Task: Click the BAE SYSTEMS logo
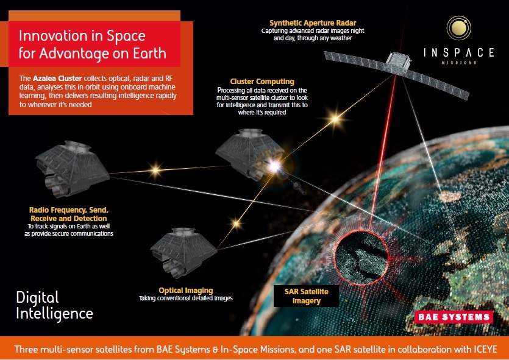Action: click(x=454, y=317)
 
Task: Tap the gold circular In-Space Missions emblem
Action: click(x=458, y=28)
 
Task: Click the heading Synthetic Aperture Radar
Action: click(x=313, y=23)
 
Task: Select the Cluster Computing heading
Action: click(x=262, y=82)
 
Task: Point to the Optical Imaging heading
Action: click(x=186, y=291)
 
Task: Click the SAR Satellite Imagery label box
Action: click(x=306, y=296)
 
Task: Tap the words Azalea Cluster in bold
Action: click(x=57, y=79)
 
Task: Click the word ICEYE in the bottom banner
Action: click(x=484, y=349)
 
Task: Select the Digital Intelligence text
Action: click(x=54, y=306)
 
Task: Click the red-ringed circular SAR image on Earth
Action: click(x=361, y=257)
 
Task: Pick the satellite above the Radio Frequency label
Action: click(x=72, y=169)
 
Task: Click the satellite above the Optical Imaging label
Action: click(x=183, y=252)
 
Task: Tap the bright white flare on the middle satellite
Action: click(x=275, y=166)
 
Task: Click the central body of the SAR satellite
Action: click(x=398, y=62)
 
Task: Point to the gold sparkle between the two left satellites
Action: click(x=155, y=170)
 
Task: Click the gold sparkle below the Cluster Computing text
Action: click(x=335, y=119)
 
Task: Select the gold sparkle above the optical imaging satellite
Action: click(x=237, y=224)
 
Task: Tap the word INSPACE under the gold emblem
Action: click(x=458, y=52)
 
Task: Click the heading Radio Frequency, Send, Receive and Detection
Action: click(x=68, y=214)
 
